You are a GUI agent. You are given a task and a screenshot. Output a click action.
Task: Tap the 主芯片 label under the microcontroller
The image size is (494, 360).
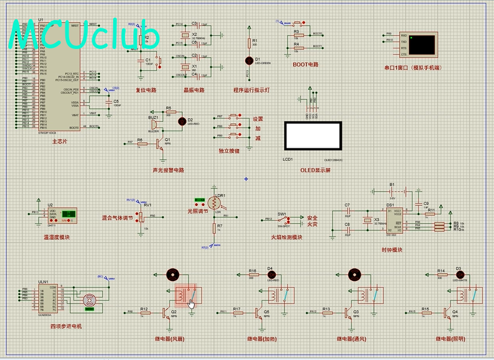coord(60,142)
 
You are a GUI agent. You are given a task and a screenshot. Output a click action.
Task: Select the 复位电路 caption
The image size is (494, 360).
coord(146,90)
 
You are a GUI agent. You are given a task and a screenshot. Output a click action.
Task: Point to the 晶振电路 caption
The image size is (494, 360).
coord(194,90)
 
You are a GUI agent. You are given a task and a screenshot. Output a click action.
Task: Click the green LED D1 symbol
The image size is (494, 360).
coord(248,60)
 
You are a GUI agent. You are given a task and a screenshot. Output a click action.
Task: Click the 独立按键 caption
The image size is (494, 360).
coord(229,151)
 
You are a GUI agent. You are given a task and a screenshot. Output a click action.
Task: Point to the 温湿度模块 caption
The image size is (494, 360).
coord(57,237)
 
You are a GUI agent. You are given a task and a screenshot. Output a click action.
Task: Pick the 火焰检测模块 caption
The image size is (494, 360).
coord(287,237)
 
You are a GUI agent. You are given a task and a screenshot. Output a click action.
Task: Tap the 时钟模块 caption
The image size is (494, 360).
coord(392,249)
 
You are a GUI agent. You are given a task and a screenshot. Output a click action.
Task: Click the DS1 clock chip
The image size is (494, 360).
coord(394,219)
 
